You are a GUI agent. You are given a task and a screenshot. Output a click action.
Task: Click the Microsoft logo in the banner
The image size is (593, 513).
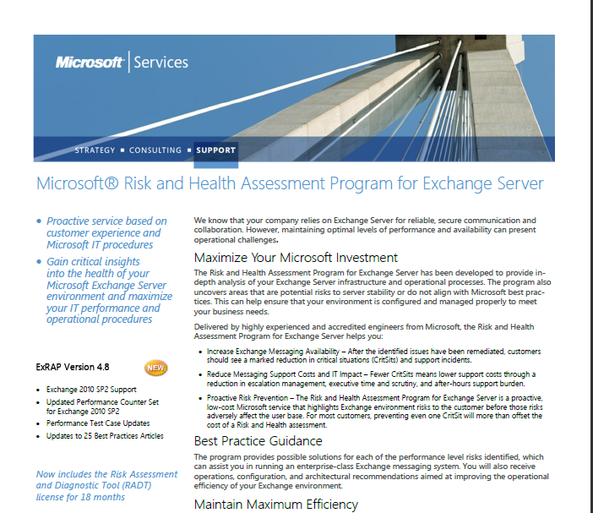(x=90, y=62)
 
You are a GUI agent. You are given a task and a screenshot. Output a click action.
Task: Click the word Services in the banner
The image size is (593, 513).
(x=160, y=62)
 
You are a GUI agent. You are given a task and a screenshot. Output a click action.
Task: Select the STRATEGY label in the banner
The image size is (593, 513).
(x=95, y=150)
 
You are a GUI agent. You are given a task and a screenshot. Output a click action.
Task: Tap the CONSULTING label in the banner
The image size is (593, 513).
(x=155, y=150)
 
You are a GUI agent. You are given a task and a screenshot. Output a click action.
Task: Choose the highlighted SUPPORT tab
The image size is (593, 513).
(x=216, y=150)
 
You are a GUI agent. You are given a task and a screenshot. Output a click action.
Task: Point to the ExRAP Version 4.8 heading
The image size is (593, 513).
(x=73, y=368)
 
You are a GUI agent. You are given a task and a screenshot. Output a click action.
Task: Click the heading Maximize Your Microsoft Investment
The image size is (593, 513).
(x=296, y=258)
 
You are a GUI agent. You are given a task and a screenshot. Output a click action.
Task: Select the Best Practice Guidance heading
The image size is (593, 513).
(x=258, y=441)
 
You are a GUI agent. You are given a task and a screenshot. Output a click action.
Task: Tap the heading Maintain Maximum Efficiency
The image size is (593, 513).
(x=276, y=505)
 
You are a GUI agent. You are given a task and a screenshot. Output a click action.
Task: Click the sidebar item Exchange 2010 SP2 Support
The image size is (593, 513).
(x=90, y=389)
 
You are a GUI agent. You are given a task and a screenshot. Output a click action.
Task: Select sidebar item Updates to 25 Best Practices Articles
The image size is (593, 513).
(x=105, y=436)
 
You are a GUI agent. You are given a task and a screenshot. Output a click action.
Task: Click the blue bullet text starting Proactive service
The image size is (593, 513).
(x=106, y=232)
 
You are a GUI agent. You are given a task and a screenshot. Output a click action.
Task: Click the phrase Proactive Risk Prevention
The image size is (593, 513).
(x=246, y=396)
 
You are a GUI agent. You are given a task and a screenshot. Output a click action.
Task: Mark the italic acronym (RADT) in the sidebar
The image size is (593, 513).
(x=135, y=485)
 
